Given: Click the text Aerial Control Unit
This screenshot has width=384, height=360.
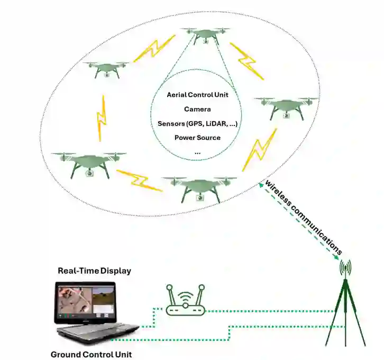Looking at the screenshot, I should point(197,95).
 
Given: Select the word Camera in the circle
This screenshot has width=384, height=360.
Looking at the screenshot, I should point(197,109).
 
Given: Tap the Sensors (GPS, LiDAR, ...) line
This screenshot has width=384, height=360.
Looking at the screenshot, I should point(197,123).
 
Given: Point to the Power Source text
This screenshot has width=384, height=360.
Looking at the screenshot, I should point(197,138).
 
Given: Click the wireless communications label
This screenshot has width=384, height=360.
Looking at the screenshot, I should point(304,218).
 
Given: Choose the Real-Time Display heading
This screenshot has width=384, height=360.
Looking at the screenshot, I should point(94,271).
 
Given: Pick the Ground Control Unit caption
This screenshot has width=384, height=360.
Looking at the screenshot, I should point(91,354).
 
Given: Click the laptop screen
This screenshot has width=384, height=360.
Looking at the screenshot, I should point(85,302).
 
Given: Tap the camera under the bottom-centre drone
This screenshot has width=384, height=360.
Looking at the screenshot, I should point(200,198).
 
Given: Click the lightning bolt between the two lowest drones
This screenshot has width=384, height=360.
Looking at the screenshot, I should point(139,181).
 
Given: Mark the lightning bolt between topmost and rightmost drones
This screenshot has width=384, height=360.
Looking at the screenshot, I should point(247,61).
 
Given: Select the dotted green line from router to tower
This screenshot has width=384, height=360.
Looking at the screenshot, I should point(275,311).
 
